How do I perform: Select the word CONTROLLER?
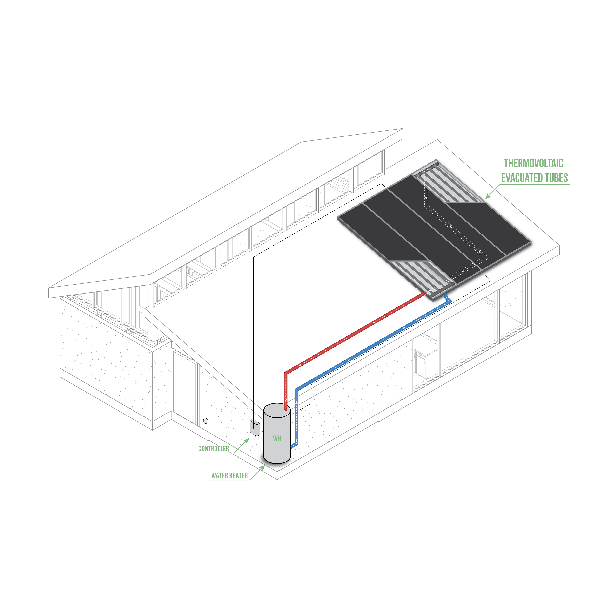pos(214,449)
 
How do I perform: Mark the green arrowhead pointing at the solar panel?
pos(488,196)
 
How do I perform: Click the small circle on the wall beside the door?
pos(206,420)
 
